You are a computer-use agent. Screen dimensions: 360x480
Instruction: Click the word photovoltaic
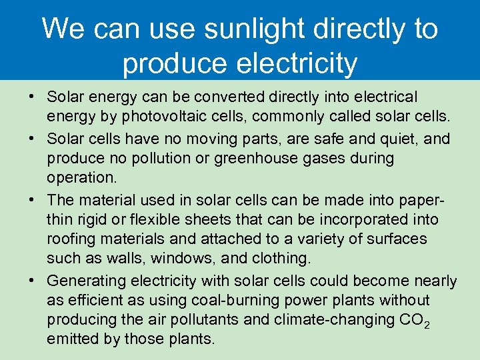[144, 118]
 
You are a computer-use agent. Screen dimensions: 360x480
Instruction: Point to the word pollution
[163, 159]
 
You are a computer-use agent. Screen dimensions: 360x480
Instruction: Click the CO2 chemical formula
[414, 321]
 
